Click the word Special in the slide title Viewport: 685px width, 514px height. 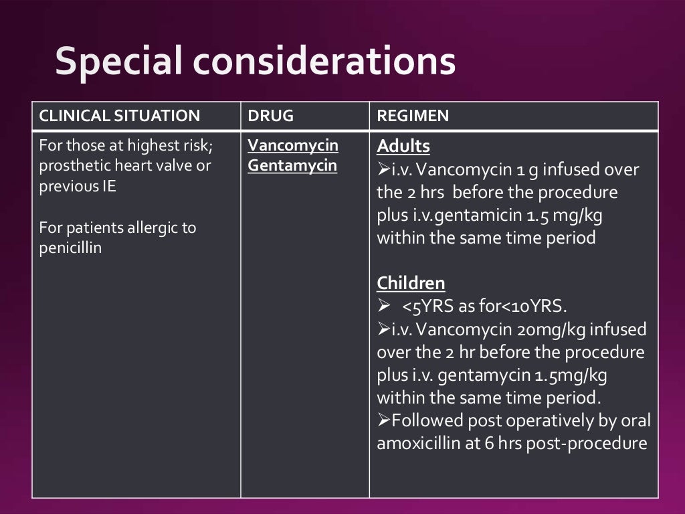tap(118, 62)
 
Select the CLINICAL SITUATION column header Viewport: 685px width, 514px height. tap(120, 116)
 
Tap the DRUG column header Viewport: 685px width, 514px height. tap(270, 116)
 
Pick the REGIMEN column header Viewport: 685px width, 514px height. tap(413, 116)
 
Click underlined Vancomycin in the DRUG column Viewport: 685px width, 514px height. tap(293, 146)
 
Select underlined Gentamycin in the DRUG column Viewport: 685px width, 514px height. tap(292, 166)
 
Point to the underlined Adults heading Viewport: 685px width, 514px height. tap(403, 147)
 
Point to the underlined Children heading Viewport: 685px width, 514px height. tap(411, 283)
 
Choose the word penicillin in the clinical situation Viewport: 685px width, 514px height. tap(70, 248)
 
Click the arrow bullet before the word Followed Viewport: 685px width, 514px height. tap(384, 421)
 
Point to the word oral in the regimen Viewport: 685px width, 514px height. tap(635, 420)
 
